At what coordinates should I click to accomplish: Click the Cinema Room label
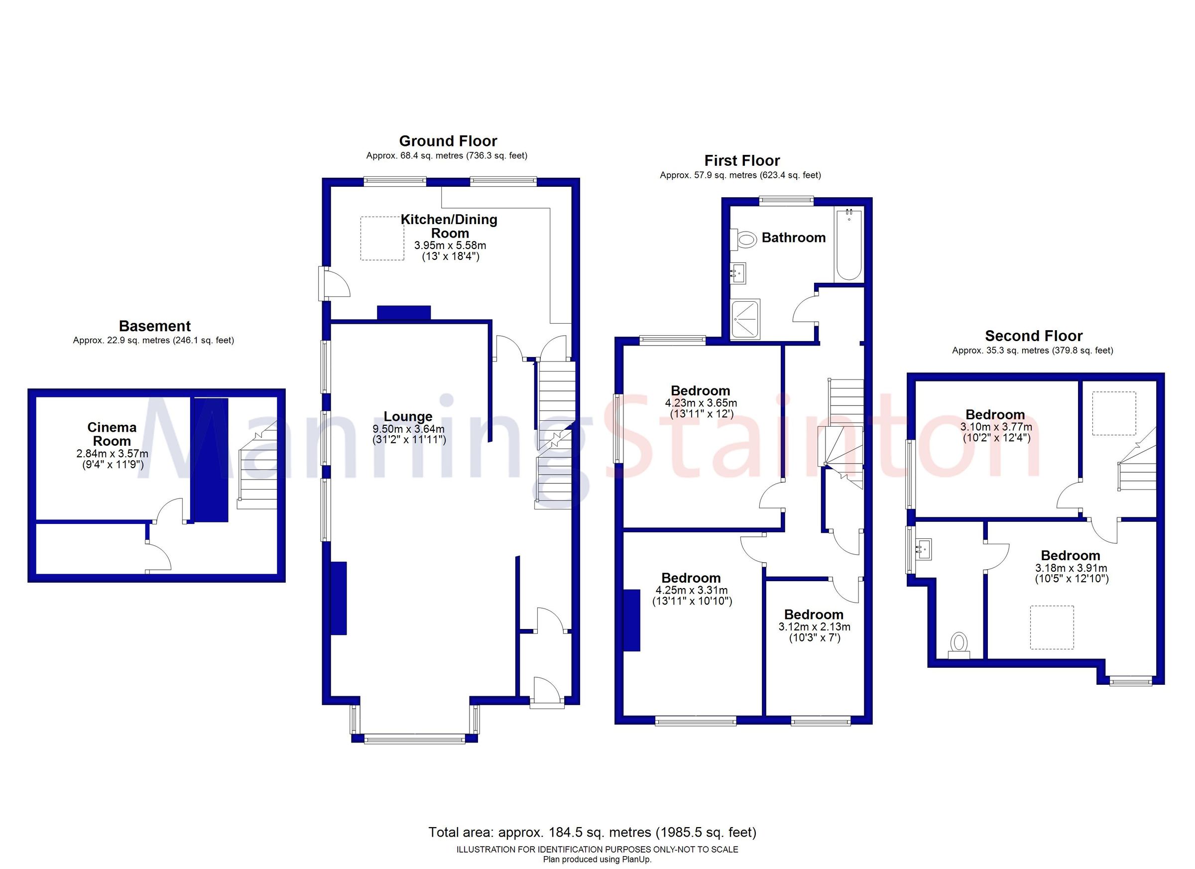pyautogui.click(x=112, y=434)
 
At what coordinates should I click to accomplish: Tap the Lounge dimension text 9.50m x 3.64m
pyautogui.click(x=408, y=429)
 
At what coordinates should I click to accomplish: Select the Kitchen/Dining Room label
pyautogui.click(x=449, y=226)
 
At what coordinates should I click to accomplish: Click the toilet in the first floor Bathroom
pyautogui.click(x=744, y=239)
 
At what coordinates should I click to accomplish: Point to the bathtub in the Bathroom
pyautogui.click(x=848, y=245)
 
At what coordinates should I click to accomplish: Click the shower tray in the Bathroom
pyautogui.click(x=745, y=319)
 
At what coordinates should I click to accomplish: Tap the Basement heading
pyautogui.click(x=154, y=326)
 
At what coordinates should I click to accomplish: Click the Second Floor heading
pyautogui.click(x=1033, y=336)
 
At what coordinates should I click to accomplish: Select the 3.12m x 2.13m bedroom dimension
pyautogui.click(x=814, y=627)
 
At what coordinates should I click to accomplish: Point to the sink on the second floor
pyautogui.click(x=923, y=549)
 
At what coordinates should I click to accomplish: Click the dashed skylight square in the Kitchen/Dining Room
pyautogui.click(x=382, y=238)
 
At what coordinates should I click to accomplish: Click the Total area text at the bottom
pyautogui.click(x=592, y=833)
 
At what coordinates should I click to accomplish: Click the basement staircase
pyautogui.click(x=258, y=471)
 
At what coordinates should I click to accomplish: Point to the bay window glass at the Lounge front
pyautogui.click(x=414, y=740)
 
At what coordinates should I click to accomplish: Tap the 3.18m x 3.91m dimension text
pyautogui.click(x=1071, y=568)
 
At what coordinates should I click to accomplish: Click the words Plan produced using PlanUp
pyautogui.click(x=597, y=860)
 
